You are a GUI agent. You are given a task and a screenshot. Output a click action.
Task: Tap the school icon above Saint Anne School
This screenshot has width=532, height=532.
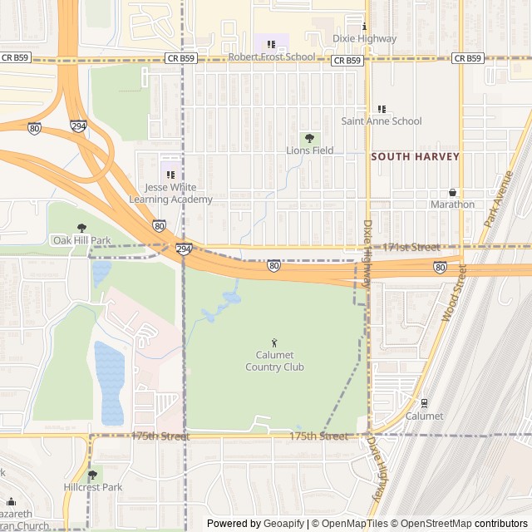pyautogui.click(x=382, y=109)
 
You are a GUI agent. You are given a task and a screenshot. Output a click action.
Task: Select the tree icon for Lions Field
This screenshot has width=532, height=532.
pyautogui.click(x=310, y=138)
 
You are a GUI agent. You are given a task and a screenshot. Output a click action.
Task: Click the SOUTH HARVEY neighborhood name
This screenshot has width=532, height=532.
pyautogui.click(x=415, y=156)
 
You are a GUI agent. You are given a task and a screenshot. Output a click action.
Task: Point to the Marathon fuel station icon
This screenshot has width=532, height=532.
pyautogui.click(x=452, y=193)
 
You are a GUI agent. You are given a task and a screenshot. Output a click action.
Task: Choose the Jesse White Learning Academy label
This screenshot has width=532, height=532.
pyautogui.click(x=170, y=194)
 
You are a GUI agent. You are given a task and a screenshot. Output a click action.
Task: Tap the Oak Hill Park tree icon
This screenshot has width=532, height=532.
pyautogui.click(x=81, y=228)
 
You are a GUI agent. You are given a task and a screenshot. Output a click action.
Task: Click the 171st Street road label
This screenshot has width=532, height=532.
pyautogui.click(x=411, y=248)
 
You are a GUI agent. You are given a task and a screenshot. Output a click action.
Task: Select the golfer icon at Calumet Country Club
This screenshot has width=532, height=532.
pyautogui.click(x=274, y=342)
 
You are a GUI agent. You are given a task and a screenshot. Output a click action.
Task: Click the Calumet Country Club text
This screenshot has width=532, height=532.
pyautogui.click(x=274, y=362)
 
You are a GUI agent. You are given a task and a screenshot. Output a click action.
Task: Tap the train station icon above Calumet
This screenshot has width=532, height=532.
pyautogui.click(x=424, y=404)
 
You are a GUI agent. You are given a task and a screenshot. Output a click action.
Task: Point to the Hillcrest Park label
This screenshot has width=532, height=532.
pyautogui.click(x=92, y=487)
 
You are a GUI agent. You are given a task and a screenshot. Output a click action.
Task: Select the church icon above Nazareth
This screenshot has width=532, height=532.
pyautogui.click(x=11, y=502)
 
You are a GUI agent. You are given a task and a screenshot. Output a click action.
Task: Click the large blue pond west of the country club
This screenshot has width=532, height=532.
pyautogui.click(x=109, y=382)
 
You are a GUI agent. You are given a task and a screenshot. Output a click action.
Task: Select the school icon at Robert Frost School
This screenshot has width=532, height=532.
pyautogui.click(x=271, y=44)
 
